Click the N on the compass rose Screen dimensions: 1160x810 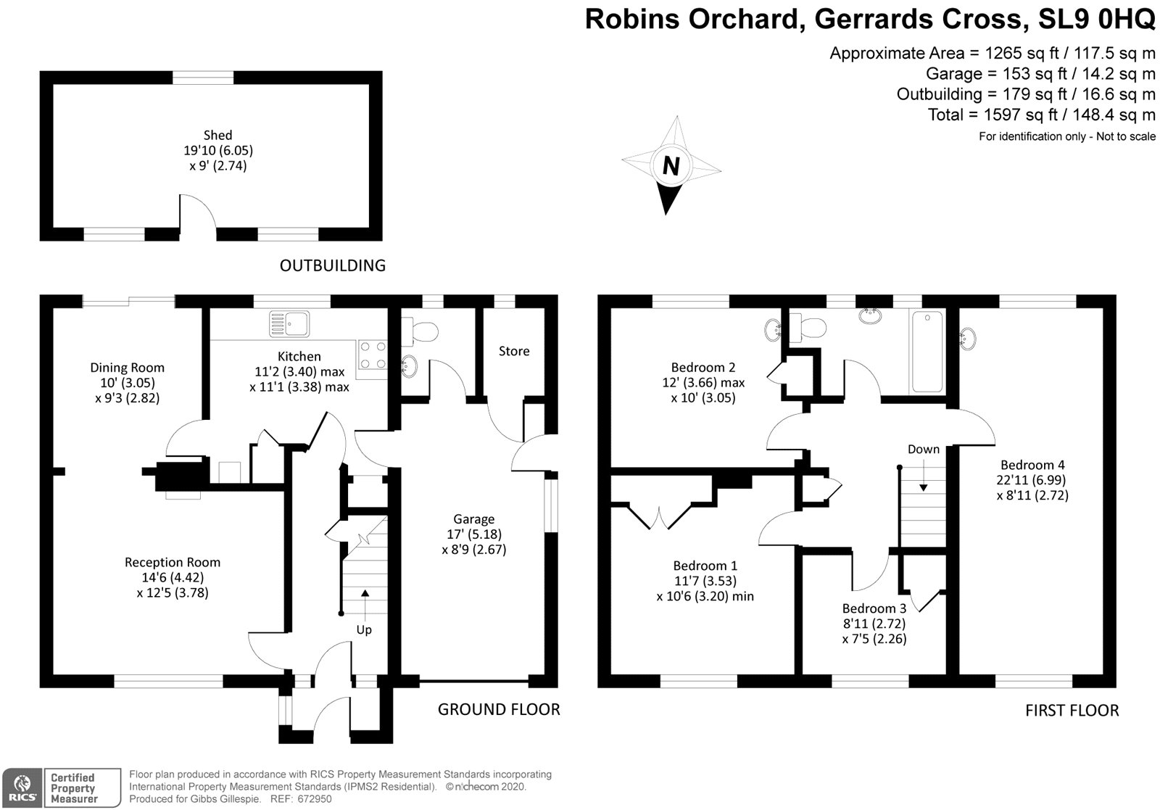pyautogui.click(x=671, y=167)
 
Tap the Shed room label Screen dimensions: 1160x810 pyautogui.click(x=217, y=135)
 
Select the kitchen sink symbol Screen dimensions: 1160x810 pyautogui.click(x=289, y=323)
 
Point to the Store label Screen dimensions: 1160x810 pyautogui.click(x=514, y=351)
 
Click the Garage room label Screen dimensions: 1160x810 pyautogui.click(x=473, y=518)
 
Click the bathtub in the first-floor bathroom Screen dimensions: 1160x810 pyautogui.click(x=927, y=352)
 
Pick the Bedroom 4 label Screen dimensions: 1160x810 pyautogui.click(x=1032, y=465)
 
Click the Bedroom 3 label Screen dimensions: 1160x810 pyautogui.click(x=874, y=608)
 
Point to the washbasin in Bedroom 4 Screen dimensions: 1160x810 pyautogui.click(x=968, y=336)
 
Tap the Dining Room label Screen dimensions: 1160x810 pyautogui.click(x=127, y=368)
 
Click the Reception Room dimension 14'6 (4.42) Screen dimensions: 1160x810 pyautogui.click(x=173, y=577)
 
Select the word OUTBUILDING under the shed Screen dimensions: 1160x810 pyautogui.click(x=333, y=265)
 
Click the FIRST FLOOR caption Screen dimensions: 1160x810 pyautogui.click(x=1072, y=711)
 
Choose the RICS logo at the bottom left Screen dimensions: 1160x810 pyautogui.click(x=22, y=788)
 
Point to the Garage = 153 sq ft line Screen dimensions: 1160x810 pyautogui.click(x=1040, y=73)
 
